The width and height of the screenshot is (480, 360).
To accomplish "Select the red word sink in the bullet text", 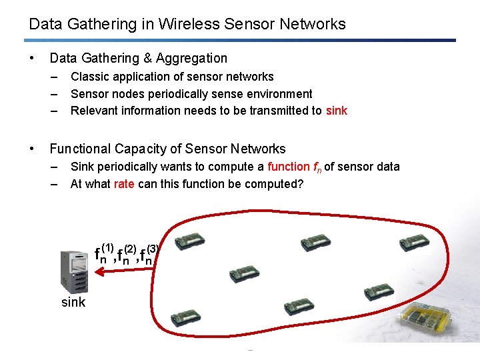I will (x=337, y=111).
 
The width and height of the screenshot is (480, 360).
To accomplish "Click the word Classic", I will (x=90, y=77).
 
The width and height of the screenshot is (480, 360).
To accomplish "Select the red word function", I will (x=288, y=167).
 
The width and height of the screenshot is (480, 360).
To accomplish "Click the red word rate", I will (x=124, y=183).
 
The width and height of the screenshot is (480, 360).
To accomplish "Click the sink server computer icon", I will (x=75, y=271).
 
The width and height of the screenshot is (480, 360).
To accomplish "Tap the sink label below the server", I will (x=73, y=302).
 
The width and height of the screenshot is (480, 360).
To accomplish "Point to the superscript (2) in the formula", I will (x=131, y=247).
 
